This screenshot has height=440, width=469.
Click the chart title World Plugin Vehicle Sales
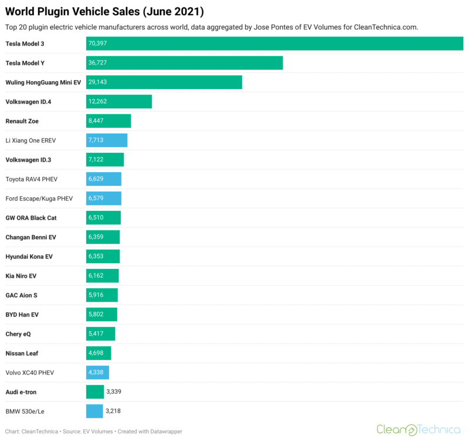tap(104, 12)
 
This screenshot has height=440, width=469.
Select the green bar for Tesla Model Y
tap(185, 63)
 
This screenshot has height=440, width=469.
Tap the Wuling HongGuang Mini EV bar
tap(164, 82)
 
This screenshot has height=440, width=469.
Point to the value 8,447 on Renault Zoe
tap(97, 121)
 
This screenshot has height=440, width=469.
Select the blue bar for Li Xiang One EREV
tap(107, 140)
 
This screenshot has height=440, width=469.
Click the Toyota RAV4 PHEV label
tap(32, 179)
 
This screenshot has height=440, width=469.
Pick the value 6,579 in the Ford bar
tap(97, 198)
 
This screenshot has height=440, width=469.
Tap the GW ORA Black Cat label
tap(31, 217)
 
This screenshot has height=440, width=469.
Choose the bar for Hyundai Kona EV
tap(103, 256)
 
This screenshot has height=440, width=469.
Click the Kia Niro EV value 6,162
tap(97, 275)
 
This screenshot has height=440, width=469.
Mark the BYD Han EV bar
tap(102, 314)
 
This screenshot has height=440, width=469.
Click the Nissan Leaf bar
tap(98, 353)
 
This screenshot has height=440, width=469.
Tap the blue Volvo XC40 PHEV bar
tap(97, 372)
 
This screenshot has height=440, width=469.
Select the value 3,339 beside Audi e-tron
tap(114, 391)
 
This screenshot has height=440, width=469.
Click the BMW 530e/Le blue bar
tap(94, 411)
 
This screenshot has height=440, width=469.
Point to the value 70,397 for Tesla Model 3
tap(98, 43)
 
